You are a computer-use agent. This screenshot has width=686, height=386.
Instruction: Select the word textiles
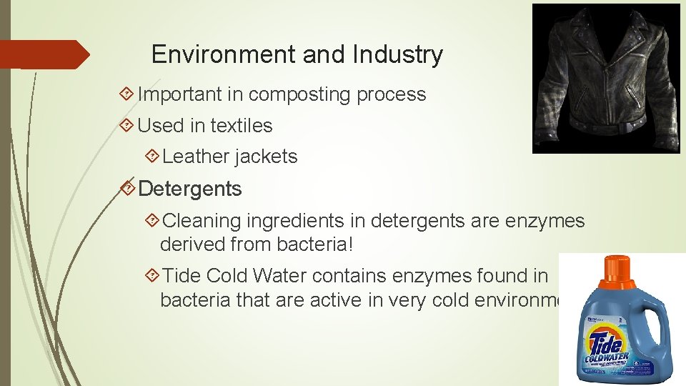[241, 126]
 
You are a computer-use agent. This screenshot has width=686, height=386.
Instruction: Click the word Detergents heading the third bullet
[190, 189]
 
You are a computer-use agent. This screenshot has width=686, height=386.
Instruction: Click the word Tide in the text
[182, 275]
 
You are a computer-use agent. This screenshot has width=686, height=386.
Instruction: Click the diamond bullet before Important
[127, 94]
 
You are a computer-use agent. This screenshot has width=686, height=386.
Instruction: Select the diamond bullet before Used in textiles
[127, 126]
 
